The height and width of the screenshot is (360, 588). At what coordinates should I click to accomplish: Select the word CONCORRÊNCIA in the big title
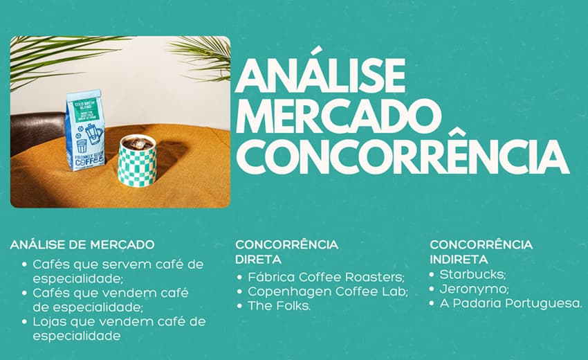coord(403,156)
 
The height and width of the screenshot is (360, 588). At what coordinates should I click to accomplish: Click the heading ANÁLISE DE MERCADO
coord(82,245)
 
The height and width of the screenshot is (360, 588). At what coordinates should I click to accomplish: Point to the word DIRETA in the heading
coord(259,260)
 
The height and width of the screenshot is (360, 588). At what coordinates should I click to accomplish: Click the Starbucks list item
coord(473,274)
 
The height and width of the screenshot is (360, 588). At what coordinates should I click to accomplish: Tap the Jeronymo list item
coord(475,289)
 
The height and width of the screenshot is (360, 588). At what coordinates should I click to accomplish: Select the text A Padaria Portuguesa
coord(511,303)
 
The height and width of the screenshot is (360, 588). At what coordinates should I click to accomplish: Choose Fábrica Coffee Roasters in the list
coord(327,278)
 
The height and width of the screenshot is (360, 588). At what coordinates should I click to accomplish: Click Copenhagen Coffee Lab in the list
coord(328,291)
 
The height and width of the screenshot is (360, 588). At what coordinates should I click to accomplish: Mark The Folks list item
coord(279,306)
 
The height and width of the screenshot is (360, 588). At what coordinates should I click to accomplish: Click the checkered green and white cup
coord(137,161)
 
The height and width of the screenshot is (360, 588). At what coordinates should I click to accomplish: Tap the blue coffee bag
coord(85,130)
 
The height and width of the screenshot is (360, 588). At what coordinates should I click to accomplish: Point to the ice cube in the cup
coord(139,143)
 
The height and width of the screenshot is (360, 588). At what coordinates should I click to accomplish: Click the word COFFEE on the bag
coord(89,161)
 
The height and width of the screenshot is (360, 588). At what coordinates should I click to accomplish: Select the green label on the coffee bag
coord(86,110)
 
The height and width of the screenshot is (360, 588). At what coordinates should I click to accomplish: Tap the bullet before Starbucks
coord(432,275)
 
